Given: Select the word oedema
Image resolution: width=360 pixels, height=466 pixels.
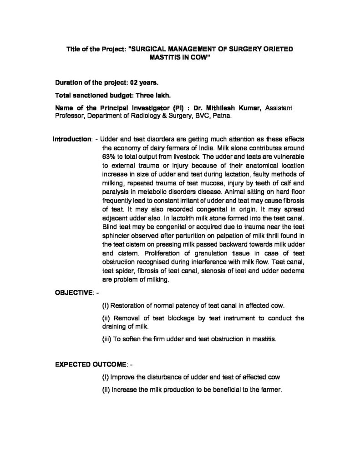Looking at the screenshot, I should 291,272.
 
